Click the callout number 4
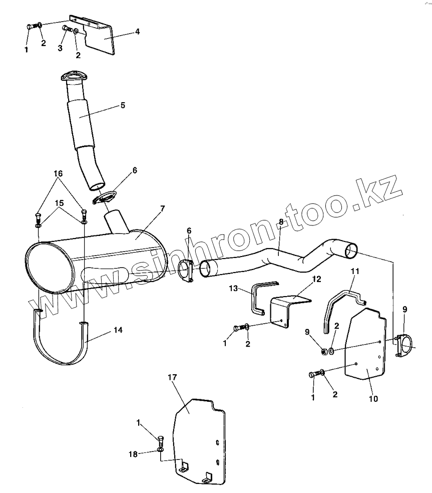137,32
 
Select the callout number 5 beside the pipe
123,105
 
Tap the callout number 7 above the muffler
162,208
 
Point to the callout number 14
118,330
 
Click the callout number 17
173,377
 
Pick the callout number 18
133,454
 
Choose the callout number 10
373,399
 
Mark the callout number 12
317,279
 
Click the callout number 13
233,288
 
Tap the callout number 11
355,271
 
